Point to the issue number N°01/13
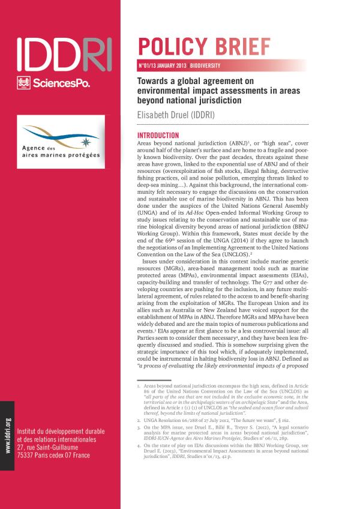[x=147, y=64]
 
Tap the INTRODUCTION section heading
[x=158, y=136]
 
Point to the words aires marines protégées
[x=59, y=155]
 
